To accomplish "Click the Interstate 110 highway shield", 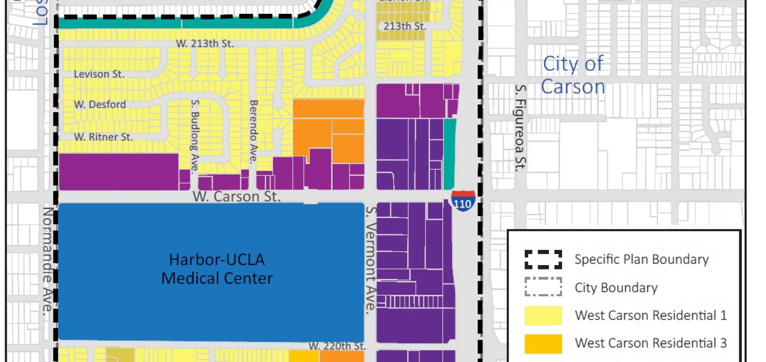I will (463, 201).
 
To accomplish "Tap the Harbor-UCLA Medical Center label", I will (217, 269).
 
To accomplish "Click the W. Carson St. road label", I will (237, 196).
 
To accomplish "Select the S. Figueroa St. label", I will (520, 128).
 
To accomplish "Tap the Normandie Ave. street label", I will (48, 261).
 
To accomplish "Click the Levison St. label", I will (99, 74).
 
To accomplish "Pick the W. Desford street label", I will (100, 104).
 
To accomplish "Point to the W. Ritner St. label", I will (103, 137).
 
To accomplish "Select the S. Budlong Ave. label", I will (195, 136).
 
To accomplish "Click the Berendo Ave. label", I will (254, 131).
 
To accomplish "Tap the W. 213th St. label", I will (205, 43).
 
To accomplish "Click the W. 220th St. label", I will (337, 346).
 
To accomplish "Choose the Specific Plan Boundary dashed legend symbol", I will (543, 259).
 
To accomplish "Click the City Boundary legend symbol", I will (543, 287).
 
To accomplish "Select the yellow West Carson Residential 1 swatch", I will (543, 315).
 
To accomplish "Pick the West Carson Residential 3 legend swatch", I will (543, 343).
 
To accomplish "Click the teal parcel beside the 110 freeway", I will (450, 154).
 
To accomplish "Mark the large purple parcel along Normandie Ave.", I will (118, 172).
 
